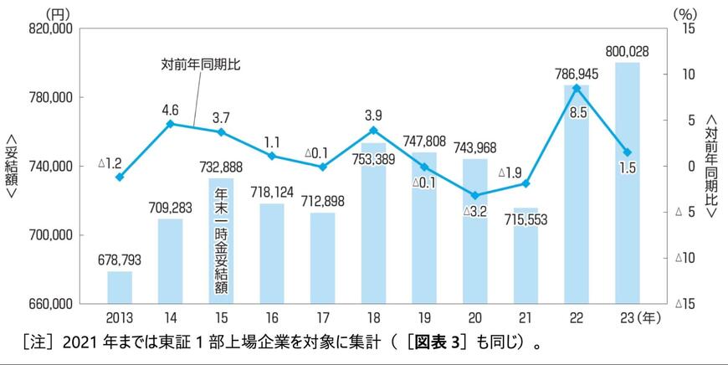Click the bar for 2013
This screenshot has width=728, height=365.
120,286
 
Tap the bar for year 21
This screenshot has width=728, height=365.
526,255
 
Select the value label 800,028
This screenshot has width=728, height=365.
628,51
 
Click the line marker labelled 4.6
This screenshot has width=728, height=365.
171,124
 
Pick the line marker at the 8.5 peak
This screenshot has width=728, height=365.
577,88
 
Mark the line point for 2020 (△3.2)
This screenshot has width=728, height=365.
475,195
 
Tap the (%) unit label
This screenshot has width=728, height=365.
685,12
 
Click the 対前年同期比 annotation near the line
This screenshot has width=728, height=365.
201,64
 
